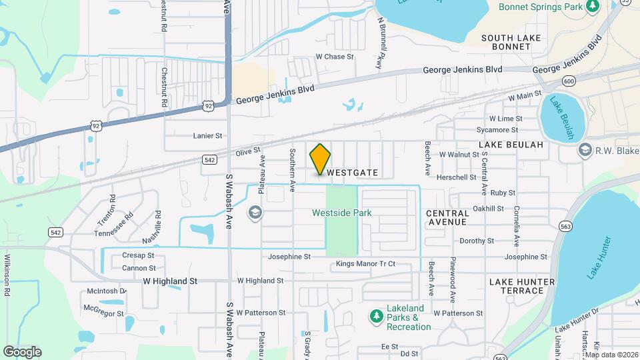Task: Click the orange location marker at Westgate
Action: point(320,159)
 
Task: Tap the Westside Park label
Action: point(342,213)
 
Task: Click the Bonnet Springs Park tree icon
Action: point(592,6)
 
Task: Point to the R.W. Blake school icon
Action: point(585,149)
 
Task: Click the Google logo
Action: point(22,351)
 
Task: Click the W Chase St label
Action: point(335,57)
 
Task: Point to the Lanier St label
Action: point(207,135)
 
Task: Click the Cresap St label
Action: point(138,255)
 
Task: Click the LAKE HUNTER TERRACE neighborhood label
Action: point(521,286)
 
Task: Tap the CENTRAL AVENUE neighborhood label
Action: point(447,217)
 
